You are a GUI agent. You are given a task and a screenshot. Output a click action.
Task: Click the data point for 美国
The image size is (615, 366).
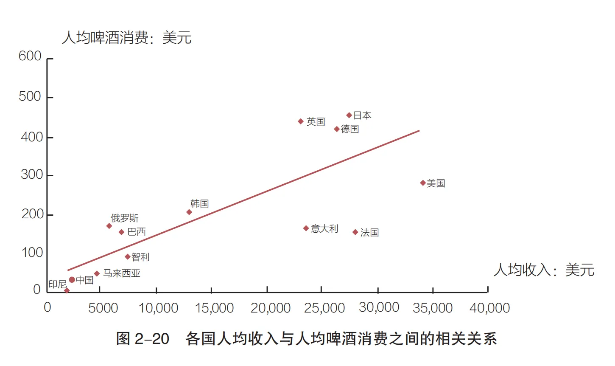coord(423,183)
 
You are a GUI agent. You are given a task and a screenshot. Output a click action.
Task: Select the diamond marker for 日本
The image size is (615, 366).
coord(349,115)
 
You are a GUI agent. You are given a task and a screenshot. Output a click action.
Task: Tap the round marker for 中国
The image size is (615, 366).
coord(72,280)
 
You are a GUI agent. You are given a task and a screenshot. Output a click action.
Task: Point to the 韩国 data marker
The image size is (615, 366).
coord(189,212)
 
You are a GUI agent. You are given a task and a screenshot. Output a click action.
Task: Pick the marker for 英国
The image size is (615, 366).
coord(301,121)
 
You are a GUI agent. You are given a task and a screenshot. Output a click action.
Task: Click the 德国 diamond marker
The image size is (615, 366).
coord(337,129)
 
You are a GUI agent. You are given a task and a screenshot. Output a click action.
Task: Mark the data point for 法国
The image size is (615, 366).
coord(355,232)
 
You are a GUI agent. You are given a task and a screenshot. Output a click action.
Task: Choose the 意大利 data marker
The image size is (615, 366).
coord(306,228)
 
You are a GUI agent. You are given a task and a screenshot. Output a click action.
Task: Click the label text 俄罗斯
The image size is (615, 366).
coord(125,218)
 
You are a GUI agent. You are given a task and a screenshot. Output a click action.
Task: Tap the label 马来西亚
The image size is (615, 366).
coord(122,273)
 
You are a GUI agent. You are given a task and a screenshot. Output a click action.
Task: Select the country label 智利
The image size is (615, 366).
coord(140,257)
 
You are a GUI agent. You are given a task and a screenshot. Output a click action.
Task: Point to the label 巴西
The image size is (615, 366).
coord(137,232)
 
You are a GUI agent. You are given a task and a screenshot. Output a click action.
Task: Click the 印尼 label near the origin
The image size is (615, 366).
coord(57,284)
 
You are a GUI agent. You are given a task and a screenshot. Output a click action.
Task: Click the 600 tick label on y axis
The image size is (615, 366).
coord(30,56)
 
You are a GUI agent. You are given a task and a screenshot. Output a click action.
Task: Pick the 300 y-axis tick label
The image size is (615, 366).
coord(32,175)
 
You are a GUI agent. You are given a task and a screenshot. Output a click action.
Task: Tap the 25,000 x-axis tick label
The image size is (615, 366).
coord(324,308)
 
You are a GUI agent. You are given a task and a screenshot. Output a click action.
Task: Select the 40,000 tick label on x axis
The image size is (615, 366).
coord(489,308)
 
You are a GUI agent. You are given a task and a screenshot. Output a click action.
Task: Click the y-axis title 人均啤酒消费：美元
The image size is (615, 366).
coord(127,38)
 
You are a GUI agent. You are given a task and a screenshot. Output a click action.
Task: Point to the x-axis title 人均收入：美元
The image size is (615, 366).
coord(544,270)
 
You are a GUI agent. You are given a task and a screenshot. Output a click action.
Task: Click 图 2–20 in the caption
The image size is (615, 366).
coord(143,339)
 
